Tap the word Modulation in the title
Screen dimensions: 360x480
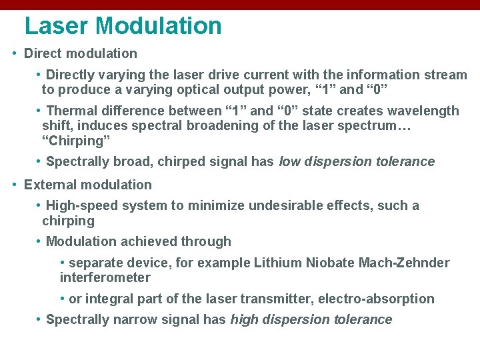click(x=158, y=26)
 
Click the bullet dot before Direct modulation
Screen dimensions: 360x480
click(x=15, y=53)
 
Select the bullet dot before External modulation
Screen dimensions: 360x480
click(x=15, y=185)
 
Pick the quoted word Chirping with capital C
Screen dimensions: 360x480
click(x=76, y=141)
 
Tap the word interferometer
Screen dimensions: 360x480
click(x=105, y=277)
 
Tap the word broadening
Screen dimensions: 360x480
click(x=205, y=125)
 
